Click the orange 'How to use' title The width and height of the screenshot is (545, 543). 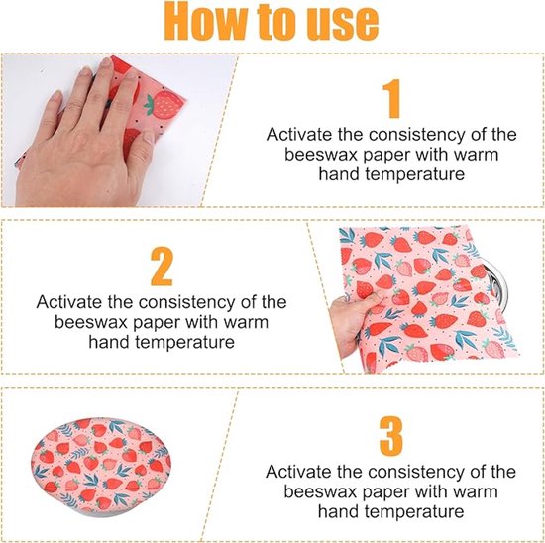[272, 23]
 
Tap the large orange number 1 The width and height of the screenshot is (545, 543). [392, 98]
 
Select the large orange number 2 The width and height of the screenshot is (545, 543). [162, 267]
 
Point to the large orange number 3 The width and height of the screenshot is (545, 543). [391, 436]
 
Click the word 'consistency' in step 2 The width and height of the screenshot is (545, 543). [186, 303]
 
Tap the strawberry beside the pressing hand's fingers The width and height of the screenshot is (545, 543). [164, 103]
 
